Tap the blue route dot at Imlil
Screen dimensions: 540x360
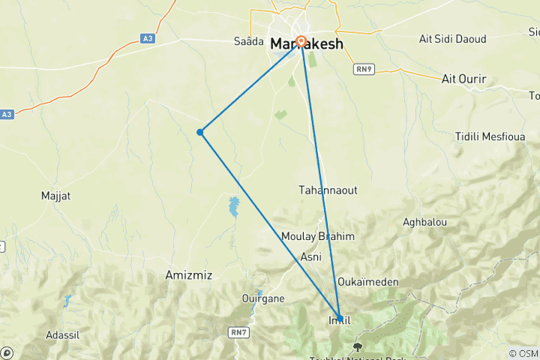[x=340, y=318]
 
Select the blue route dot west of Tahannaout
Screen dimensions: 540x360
[x=200, y=132]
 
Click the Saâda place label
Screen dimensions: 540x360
[x=249, y=41]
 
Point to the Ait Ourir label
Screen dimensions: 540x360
[x=464, y=79]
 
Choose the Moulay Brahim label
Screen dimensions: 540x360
[x=317, y=236]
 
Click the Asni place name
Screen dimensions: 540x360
[x=310, y=256]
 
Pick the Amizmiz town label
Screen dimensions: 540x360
[x=188, y=275]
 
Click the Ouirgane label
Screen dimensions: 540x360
[x=263, y=298]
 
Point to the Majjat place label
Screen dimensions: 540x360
[x=55, y=196]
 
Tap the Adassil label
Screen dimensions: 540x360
[x=83, y=334]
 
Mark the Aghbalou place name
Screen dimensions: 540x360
[x=424, y=223]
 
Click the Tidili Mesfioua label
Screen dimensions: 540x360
[x=490, y=136]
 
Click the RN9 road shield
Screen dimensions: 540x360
[x=364, y=68]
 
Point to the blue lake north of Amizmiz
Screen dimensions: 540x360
[x=234, y=206]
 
